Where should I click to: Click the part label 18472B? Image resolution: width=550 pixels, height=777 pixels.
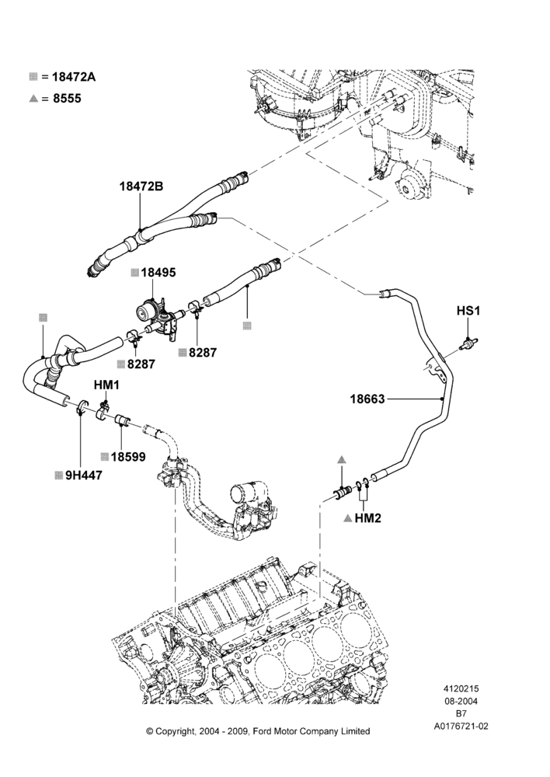(141, 186)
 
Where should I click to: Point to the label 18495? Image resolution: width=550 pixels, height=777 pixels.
(158, 273)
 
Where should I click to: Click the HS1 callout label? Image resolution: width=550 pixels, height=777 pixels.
(468, 312)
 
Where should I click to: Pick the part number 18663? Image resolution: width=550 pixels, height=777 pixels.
(367, 399)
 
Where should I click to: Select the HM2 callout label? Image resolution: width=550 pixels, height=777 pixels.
(367, 518)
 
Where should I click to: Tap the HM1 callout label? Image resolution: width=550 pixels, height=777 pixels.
(107, 385)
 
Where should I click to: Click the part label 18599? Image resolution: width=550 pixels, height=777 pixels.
(128, 457)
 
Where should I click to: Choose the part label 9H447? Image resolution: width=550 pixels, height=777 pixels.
(84, 476)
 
